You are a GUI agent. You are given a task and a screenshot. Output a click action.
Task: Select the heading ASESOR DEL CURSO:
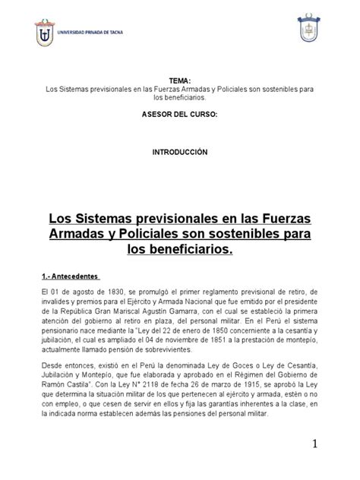pyautogui.click(x=180, y=113)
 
